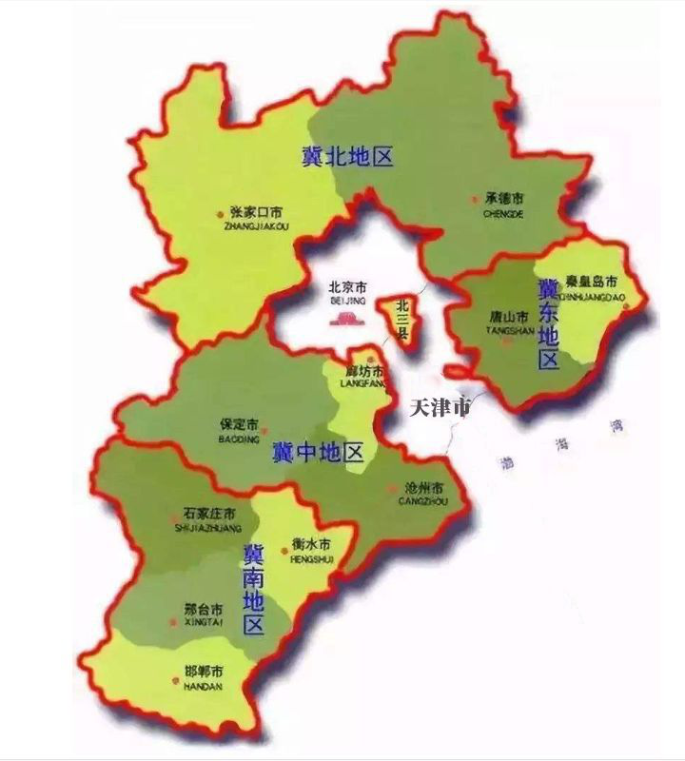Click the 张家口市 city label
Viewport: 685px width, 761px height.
(256, 212)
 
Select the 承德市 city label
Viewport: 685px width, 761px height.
(504, 200)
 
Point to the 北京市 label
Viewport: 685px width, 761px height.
(347, 287)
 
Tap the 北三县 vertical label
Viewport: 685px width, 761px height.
(402, 321)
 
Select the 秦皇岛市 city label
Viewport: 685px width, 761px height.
(592, 282)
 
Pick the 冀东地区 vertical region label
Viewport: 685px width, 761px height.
(549, 324)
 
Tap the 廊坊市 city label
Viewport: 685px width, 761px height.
(364, 370)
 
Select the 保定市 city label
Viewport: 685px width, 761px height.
(239, 426)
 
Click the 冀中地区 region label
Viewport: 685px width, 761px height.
(318, 451)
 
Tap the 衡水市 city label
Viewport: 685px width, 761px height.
(310, 546)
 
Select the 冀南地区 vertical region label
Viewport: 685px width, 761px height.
(253, 590)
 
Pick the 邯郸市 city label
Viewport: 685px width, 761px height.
(204, 672)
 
